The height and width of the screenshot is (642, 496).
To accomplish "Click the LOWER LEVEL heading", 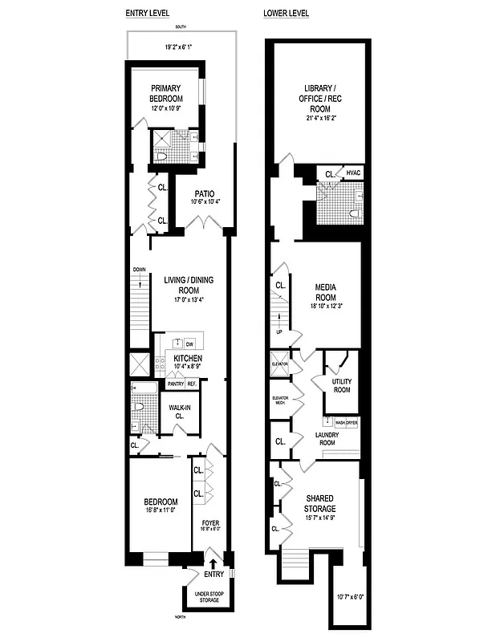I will pos(287,14).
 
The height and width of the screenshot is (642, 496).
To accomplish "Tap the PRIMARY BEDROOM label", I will pos(165,93).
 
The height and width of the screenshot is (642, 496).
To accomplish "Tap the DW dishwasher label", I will pos(190,343).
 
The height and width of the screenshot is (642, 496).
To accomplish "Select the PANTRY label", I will pos(176,384).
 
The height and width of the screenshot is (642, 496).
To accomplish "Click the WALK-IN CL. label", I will pos(176,412).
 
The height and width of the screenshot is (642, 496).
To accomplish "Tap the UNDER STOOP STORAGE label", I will pos(206,598).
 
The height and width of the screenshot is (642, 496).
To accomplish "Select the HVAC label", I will pos(354,173).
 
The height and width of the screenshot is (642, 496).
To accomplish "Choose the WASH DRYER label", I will pos(346,421).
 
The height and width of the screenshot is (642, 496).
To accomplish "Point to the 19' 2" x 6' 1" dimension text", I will pos(180,48).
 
